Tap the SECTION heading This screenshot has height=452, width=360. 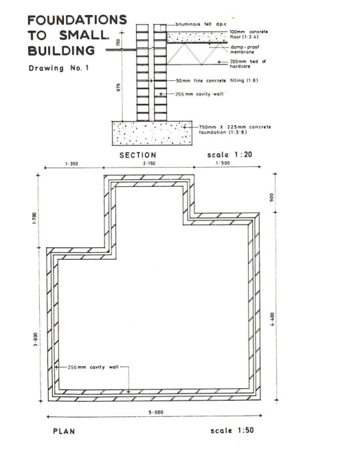point(138,155)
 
